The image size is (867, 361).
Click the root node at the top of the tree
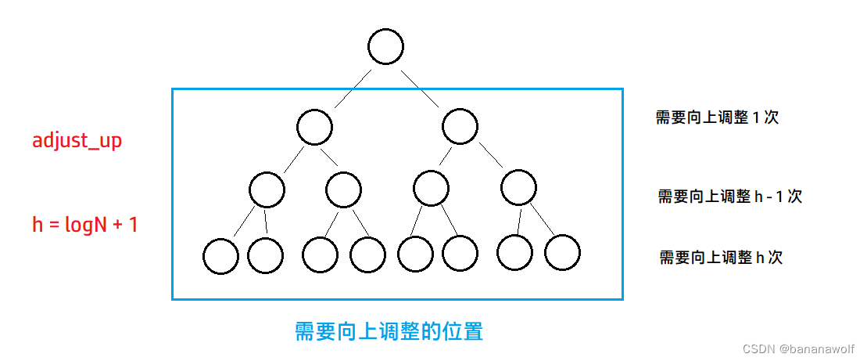385,47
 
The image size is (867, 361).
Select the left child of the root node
314,127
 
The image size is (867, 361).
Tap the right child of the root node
460,127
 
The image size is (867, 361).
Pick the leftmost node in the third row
267,189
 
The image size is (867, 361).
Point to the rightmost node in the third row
518,189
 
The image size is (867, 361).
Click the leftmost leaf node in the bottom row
220,256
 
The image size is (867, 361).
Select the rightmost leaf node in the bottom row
562,253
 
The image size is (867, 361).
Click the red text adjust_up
77,142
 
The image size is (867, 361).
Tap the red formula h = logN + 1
84,226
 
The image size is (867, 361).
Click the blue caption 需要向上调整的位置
389,331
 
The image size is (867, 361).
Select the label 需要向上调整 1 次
717,118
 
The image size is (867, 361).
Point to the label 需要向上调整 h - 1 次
729,197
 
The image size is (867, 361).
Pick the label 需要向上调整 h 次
720,257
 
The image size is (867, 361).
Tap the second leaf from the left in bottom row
265,254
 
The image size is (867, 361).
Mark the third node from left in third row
431,189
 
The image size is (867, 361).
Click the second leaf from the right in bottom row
515,253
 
